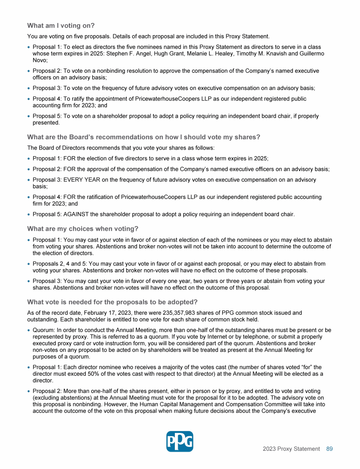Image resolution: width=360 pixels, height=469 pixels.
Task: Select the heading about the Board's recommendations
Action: [143, 137]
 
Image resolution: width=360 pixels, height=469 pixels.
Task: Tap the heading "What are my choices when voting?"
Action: [82, 228]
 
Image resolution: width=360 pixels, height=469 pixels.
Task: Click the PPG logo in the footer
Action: [180, 441]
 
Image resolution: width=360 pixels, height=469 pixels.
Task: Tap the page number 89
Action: [330, 449]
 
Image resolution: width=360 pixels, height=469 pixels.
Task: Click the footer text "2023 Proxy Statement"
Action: [291, 449]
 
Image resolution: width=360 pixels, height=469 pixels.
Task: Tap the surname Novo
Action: [39, 60]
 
